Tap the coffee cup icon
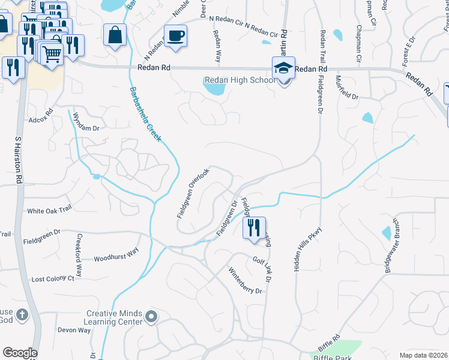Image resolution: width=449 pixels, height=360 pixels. coord(175,35)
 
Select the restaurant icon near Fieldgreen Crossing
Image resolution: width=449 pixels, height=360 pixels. coord(253,227)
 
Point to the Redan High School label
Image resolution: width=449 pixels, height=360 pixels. coord(238,80)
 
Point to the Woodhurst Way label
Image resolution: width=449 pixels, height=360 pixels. coord(116,254)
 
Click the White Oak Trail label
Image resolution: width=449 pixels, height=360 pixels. coord(49,209)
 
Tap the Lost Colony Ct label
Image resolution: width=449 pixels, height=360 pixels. coord(53,279)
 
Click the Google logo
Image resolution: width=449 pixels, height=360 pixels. coord(20,353)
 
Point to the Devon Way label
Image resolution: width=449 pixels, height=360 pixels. coord(74,330)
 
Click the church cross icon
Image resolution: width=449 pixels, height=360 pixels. coord(22,314)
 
